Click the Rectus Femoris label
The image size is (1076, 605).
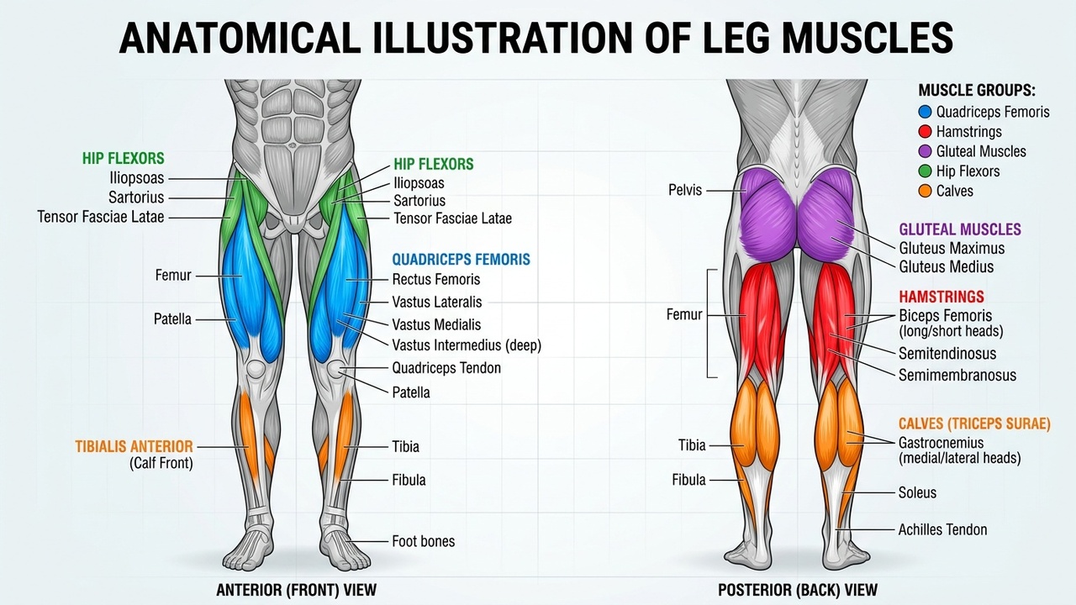435,279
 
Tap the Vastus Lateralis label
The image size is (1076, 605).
436,302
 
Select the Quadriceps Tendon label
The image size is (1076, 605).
446,368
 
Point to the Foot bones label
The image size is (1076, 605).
423,541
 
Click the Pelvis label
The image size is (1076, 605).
684,190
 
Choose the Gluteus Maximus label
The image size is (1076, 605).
952,248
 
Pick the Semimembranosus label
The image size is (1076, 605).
957,376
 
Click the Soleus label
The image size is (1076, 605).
917,492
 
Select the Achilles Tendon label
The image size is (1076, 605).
942,529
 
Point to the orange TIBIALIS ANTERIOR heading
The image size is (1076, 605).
134,446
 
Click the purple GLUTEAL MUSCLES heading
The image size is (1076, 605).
960,229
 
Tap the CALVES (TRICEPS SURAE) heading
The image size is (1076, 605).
974,424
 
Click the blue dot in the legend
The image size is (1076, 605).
925,112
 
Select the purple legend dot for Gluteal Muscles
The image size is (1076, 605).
925,151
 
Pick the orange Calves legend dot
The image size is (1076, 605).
925,191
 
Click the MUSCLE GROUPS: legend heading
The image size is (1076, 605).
976,91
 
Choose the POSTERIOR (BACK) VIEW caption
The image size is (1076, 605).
797,590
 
